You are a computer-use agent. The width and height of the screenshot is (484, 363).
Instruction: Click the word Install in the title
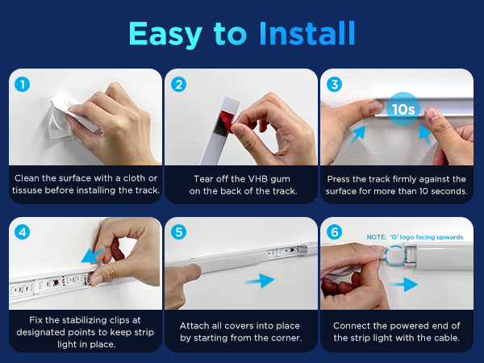(307, 33)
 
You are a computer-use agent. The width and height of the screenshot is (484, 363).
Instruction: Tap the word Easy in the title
(165, 35)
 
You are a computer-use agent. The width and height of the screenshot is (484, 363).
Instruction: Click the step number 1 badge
(23, 84)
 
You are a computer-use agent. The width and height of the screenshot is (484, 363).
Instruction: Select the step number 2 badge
(179, 84)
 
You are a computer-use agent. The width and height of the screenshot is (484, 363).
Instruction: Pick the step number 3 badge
(334, 84)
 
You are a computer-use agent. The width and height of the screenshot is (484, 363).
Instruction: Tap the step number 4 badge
(23, 232)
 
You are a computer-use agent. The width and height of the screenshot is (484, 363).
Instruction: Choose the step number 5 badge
(179, 232)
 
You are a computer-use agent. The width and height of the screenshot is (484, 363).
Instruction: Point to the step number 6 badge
(334, 232)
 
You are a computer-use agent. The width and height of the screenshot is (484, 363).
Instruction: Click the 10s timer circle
(403, 109)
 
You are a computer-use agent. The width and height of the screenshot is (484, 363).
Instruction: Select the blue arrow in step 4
(94, 256)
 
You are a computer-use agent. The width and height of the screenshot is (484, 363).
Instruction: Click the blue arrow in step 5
(259, 281)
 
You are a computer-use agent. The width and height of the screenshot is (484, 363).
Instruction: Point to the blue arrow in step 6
(404, 284)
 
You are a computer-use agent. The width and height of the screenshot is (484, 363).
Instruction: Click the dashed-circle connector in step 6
(395, 256)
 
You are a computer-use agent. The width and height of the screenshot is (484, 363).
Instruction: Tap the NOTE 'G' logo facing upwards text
(415, 237)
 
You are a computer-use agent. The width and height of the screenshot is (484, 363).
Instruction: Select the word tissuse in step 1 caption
(27, 190)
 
